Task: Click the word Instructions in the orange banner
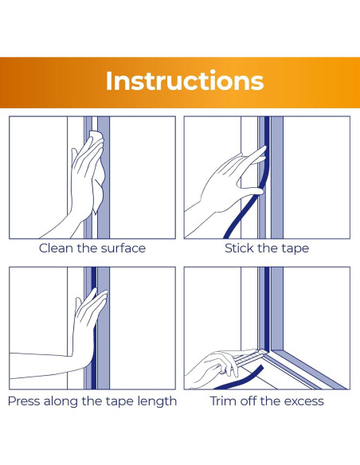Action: point(185,81)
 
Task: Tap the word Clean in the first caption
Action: point(56,248)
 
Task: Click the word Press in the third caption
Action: point(25,401)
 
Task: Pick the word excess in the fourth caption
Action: point(304,401)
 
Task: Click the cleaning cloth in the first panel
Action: point(98,172)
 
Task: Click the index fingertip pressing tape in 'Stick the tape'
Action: point(264,148)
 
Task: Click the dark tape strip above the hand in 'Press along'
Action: point(94,278)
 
